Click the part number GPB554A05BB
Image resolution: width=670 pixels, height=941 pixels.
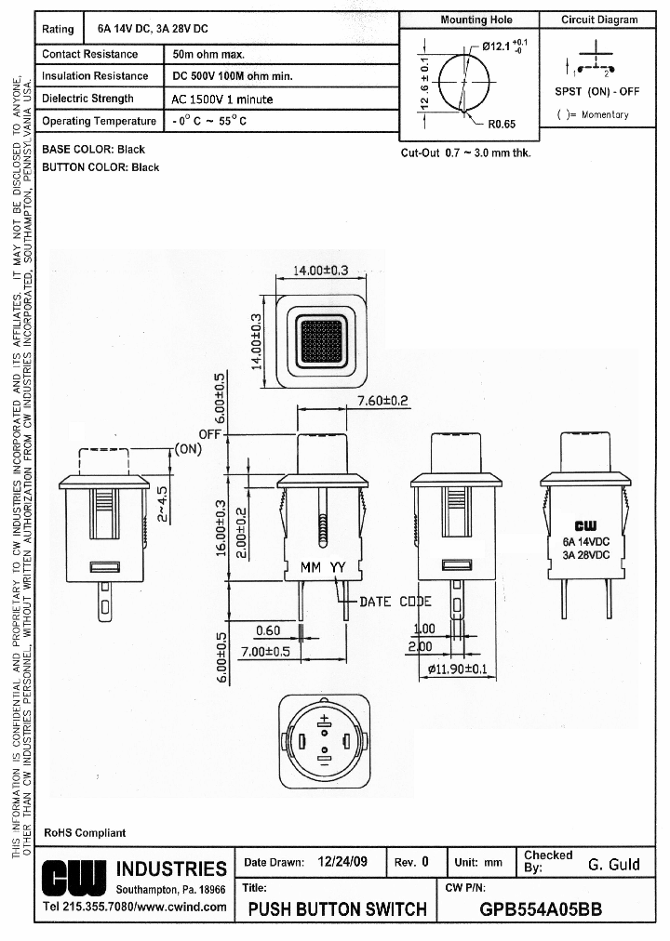tap(541, 909)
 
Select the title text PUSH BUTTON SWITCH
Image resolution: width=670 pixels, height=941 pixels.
tap(338, 909)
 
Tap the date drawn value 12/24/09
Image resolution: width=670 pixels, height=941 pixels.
tap(342, 862)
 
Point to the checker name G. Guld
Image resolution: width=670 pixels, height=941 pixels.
tap(614, 865)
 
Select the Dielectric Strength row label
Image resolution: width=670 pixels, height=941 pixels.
tap(88, 99)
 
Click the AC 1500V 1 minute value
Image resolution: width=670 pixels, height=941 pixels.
tap(222, 99)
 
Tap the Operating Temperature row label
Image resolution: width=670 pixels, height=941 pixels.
tap(100, 122)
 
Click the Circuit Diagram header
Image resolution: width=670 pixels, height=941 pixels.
tap(599, 20)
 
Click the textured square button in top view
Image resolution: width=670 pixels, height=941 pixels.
tap(321, 339)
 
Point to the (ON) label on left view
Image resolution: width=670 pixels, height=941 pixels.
tap(188, 447)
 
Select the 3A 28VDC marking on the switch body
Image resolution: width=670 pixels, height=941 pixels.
tap(586, 555)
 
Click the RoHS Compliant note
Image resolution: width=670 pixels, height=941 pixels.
tap(85, 832)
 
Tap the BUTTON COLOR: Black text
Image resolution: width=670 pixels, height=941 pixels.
tap(100, 167)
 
